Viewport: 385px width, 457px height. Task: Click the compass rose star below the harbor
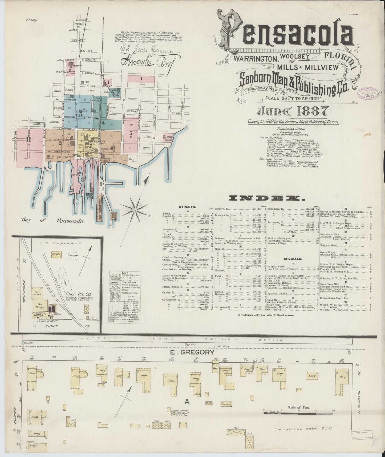[x=135, y=210]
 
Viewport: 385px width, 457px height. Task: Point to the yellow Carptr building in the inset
[x=56, y=254]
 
